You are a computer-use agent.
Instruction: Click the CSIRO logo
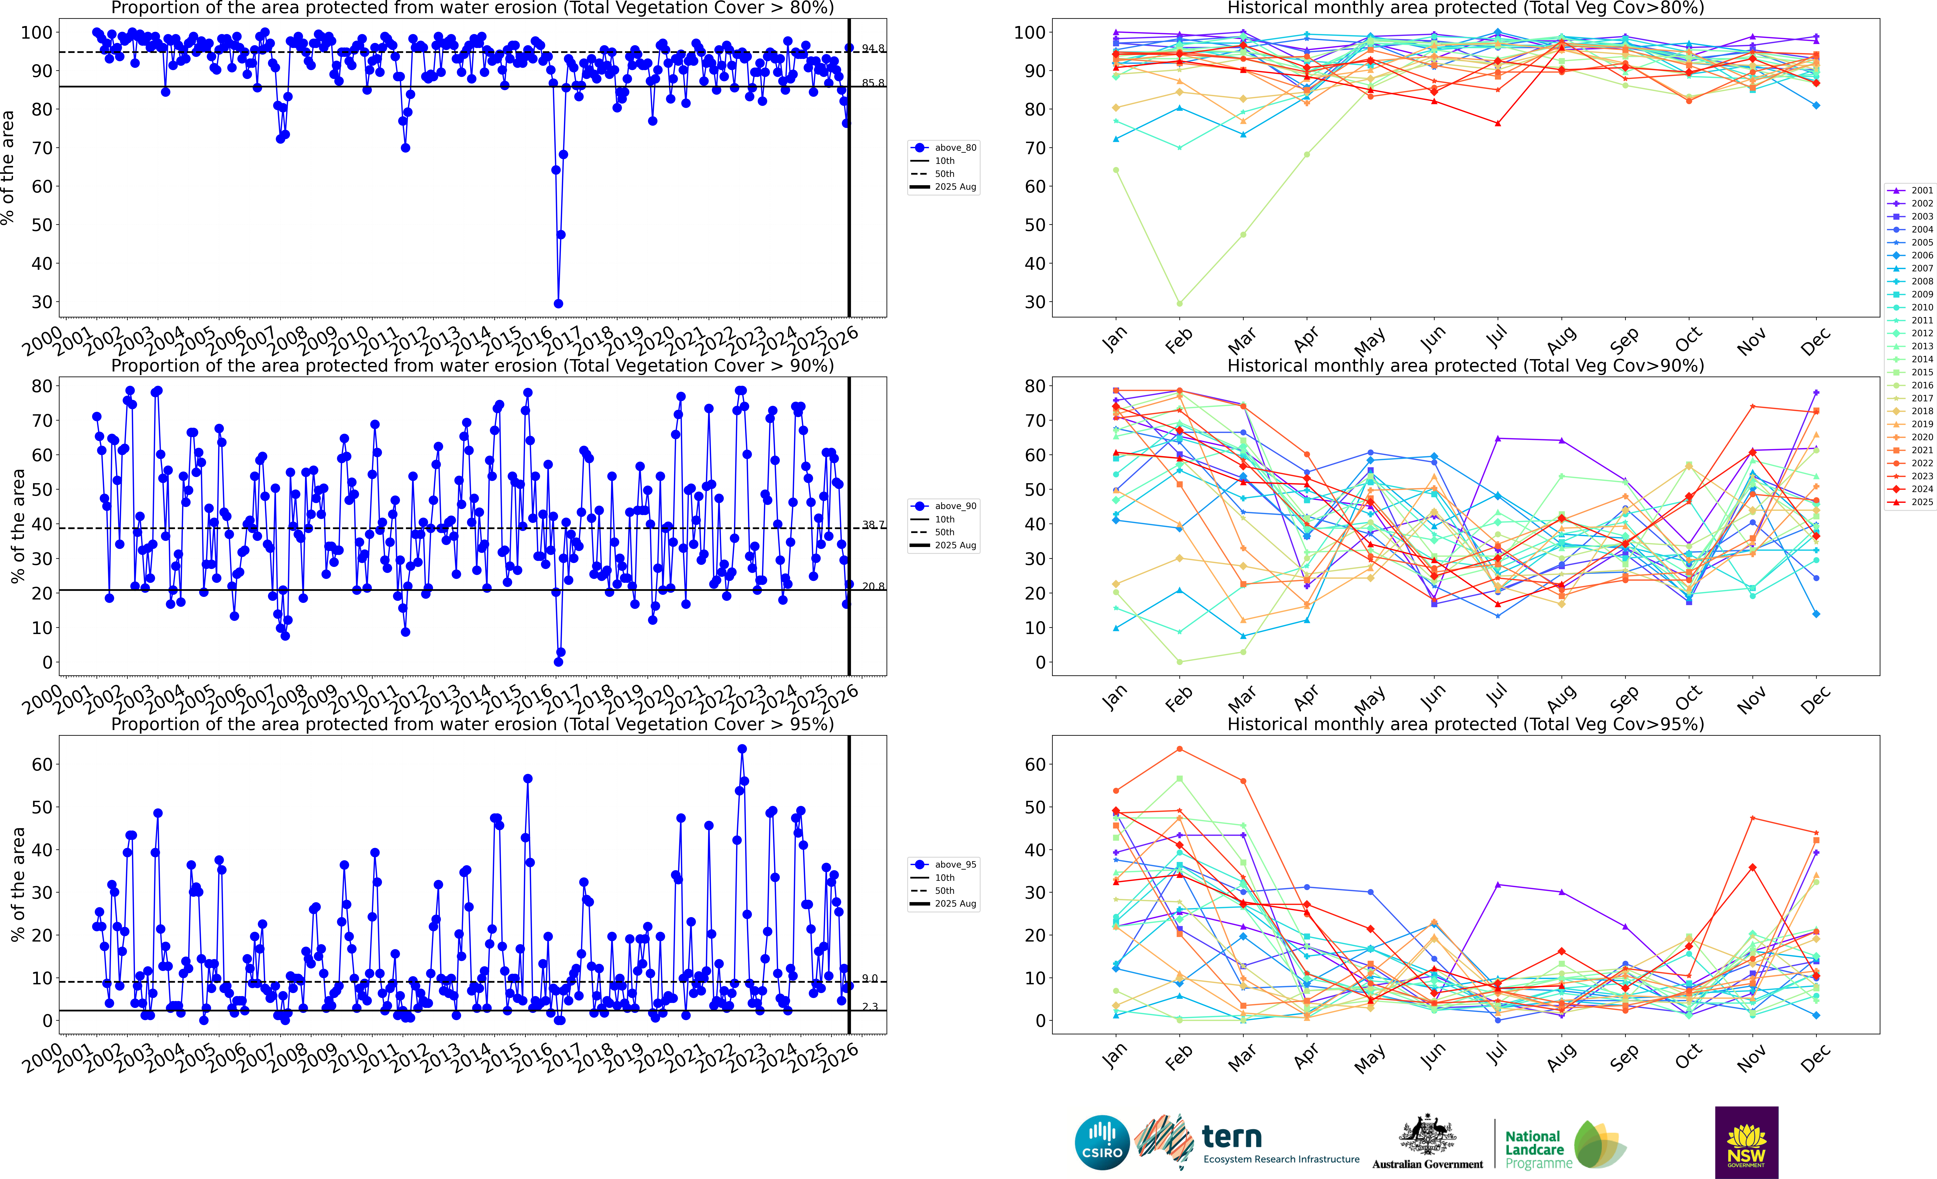click(x=1102, y=1142)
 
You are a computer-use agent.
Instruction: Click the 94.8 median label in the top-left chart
click(x=873, y=49)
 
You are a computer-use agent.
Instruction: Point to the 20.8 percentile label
click(x=873, y=586)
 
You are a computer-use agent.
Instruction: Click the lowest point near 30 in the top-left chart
click(x=558, y=303)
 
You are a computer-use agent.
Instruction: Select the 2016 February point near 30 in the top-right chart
click(x=1179, y=303)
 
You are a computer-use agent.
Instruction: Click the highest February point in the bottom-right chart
click(x=1179, y=749)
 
